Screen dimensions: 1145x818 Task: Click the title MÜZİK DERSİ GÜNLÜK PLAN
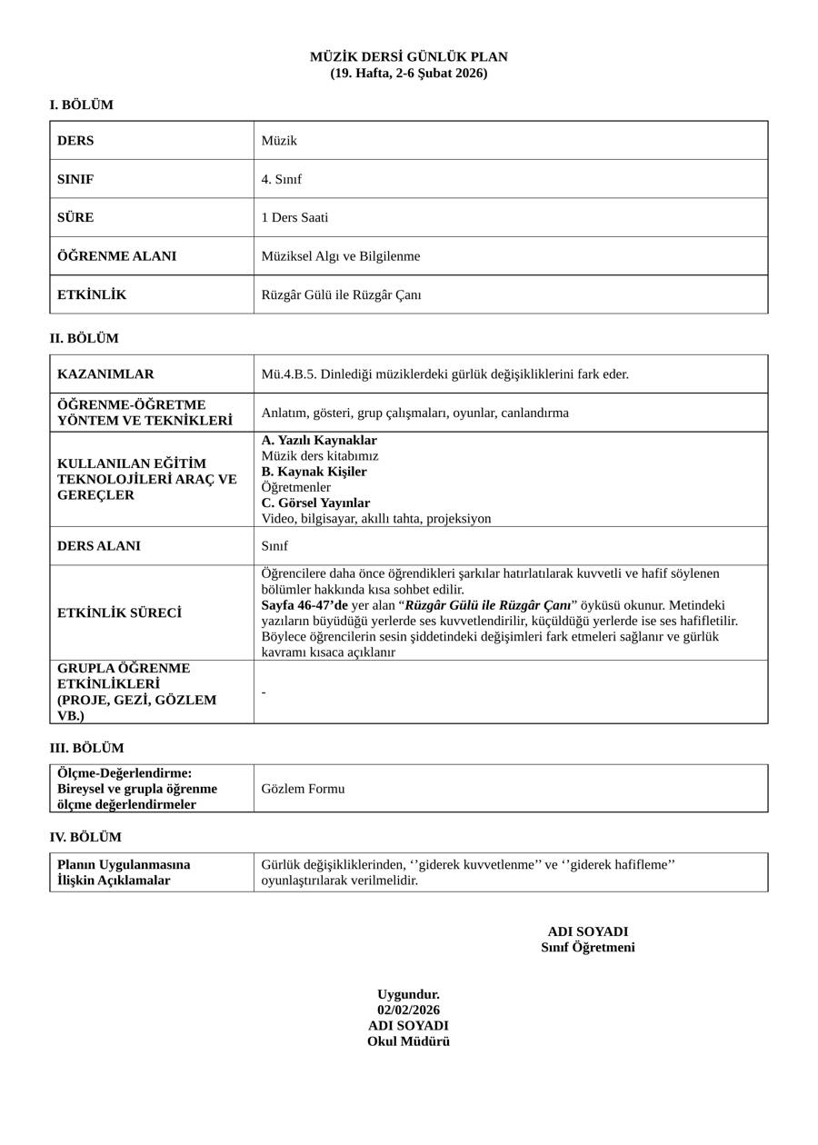coord(408,57)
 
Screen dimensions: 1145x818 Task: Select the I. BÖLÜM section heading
coord(81,105)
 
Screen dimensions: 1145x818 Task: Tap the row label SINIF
coord(75,179)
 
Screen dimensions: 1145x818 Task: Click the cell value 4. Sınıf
coord(281,179)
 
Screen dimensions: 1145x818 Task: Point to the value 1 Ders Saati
coord(294,218)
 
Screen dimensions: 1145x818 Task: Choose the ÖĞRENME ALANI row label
coord(116,256)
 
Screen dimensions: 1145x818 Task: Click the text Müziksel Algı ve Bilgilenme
coord(341,256)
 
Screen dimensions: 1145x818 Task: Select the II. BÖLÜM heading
coord(84,339)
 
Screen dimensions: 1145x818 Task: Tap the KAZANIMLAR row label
coord(105,374)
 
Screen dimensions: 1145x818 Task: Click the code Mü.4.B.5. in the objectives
coord(290,374)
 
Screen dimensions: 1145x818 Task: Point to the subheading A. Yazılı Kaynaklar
coord(319,441)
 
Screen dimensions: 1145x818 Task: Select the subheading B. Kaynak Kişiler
coord(314,472)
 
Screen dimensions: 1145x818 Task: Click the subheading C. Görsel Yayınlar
coord(315,503)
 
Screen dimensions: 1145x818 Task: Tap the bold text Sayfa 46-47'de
coord(304,605)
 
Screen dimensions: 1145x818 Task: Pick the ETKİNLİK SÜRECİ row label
coord(119,613)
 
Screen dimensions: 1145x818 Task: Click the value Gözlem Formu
coord(303,789)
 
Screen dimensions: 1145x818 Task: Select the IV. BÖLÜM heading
coord(85,838)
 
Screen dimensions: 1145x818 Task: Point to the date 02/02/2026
coord(408,1011)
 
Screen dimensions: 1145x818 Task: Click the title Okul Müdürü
coord(408,1041)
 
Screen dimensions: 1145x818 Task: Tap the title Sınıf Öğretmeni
coord(587,948)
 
